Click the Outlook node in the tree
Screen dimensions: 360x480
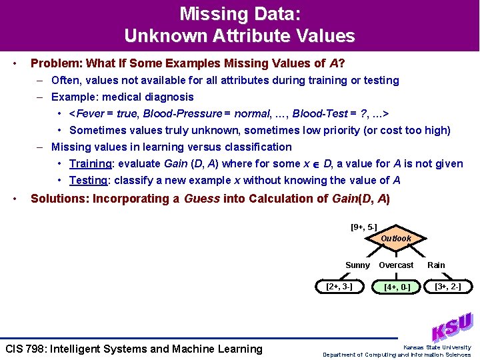pos(396,238)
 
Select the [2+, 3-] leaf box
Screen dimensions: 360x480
pos(339,287)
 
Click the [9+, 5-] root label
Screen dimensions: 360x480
pos(364,227)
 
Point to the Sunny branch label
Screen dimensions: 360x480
pos(357,265)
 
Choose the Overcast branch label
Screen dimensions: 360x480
pos(396,265)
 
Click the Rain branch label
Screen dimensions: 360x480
pos(436,265)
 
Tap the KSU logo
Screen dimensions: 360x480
pos(451,327)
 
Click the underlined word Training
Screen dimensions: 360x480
pos(91,164)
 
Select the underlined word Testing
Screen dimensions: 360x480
pos(88,181)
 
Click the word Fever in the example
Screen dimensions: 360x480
pos(93,114)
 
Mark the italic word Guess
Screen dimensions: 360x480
pos(202,199)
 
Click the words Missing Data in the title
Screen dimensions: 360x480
pos(239,13)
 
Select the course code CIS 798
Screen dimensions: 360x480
pos(31,349)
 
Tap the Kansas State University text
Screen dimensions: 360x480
pos(437,347)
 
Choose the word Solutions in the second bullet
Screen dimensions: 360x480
pos(59,199)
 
